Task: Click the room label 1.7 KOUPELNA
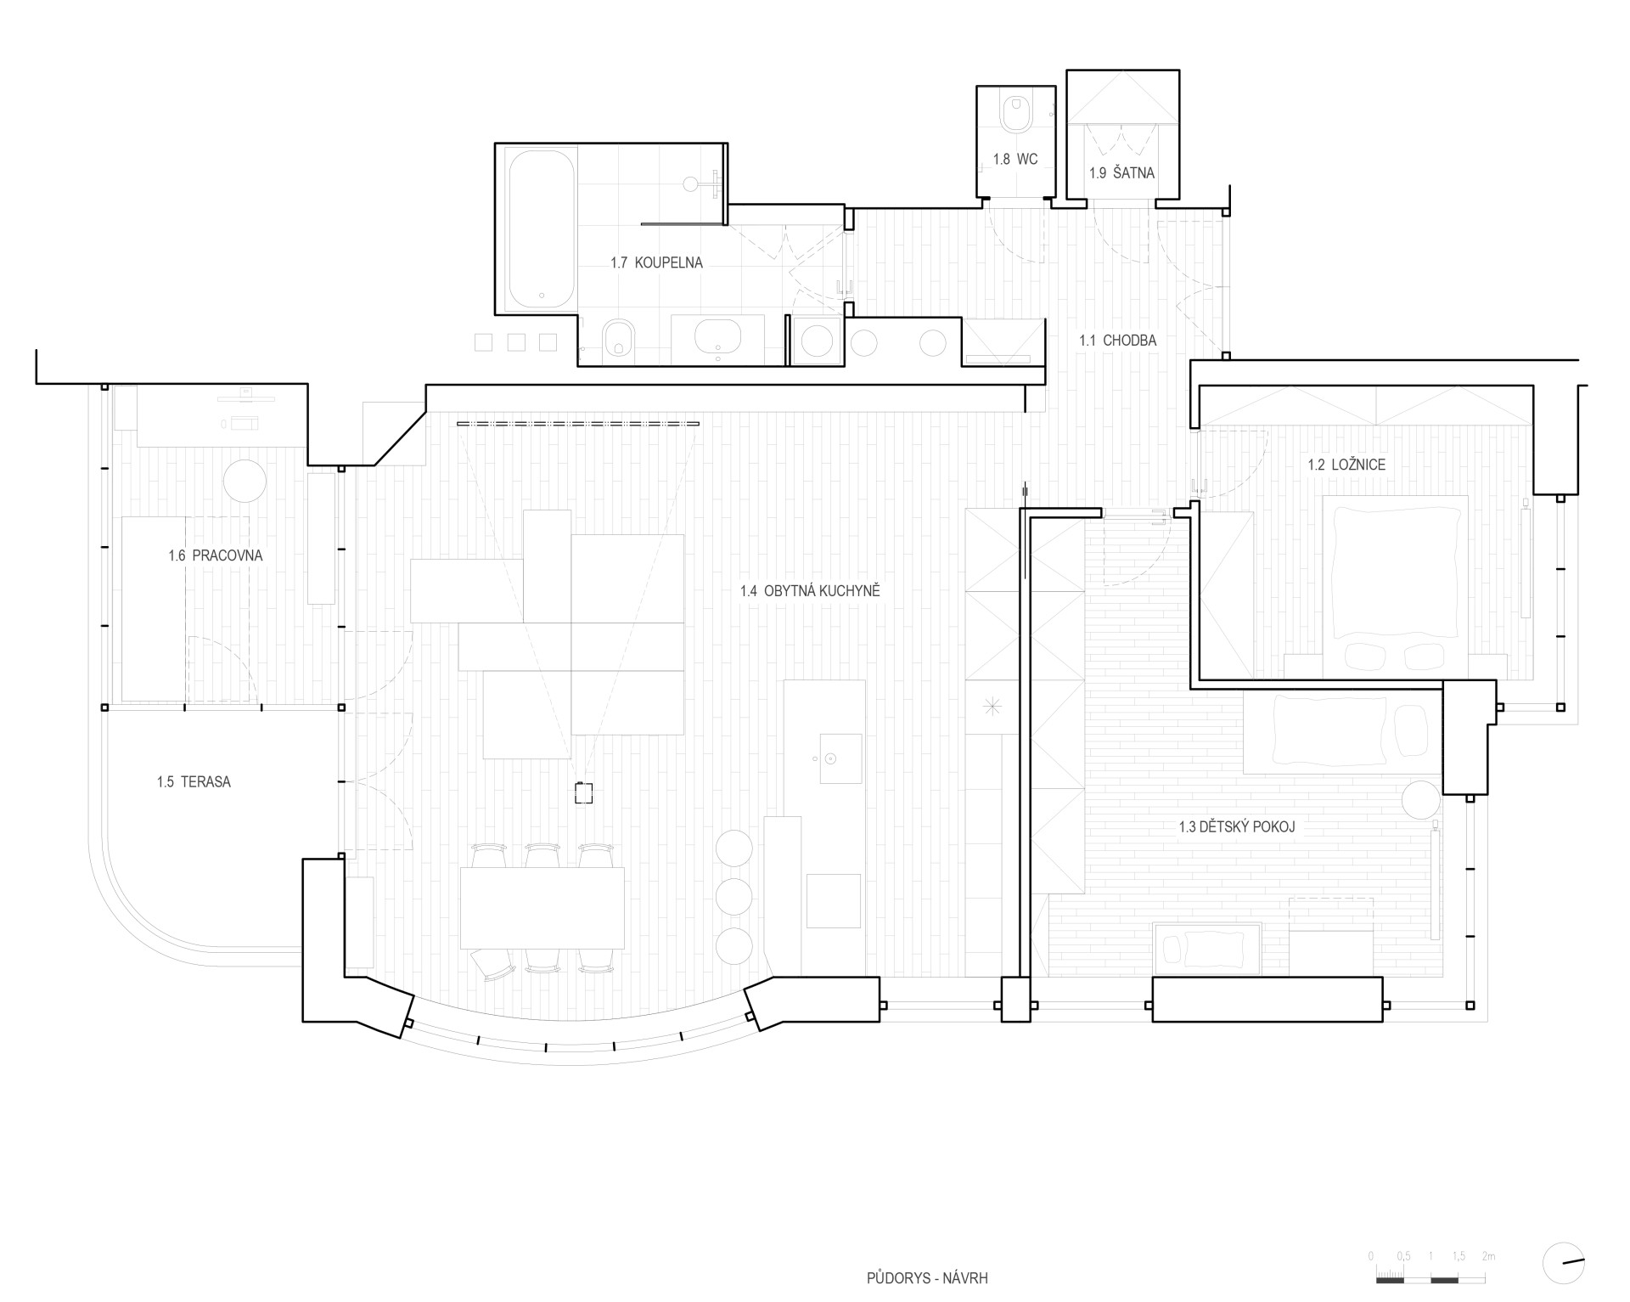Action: tap(656, 263)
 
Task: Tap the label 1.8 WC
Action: tap(1015, 160)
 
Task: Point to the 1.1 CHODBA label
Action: tap(1118, 341)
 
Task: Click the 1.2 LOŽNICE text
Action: tap(1346, 465)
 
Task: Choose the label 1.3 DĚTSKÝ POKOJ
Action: tap(1237, 826)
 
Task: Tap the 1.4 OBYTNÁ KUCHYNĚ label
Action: tap(810, 591)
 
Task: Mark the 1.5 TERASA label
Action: tap(194, 782)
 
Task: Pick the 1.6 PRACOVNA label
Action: tap(216, 556)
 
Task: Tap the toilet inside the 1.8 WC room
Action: tap(1015, 113)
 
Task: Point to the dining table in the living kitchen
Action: tap(542, 908)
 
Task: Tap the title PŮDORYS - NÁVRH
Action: tap(927, 1278)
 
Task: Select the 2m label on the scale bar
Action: tap(1488, 1256)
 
